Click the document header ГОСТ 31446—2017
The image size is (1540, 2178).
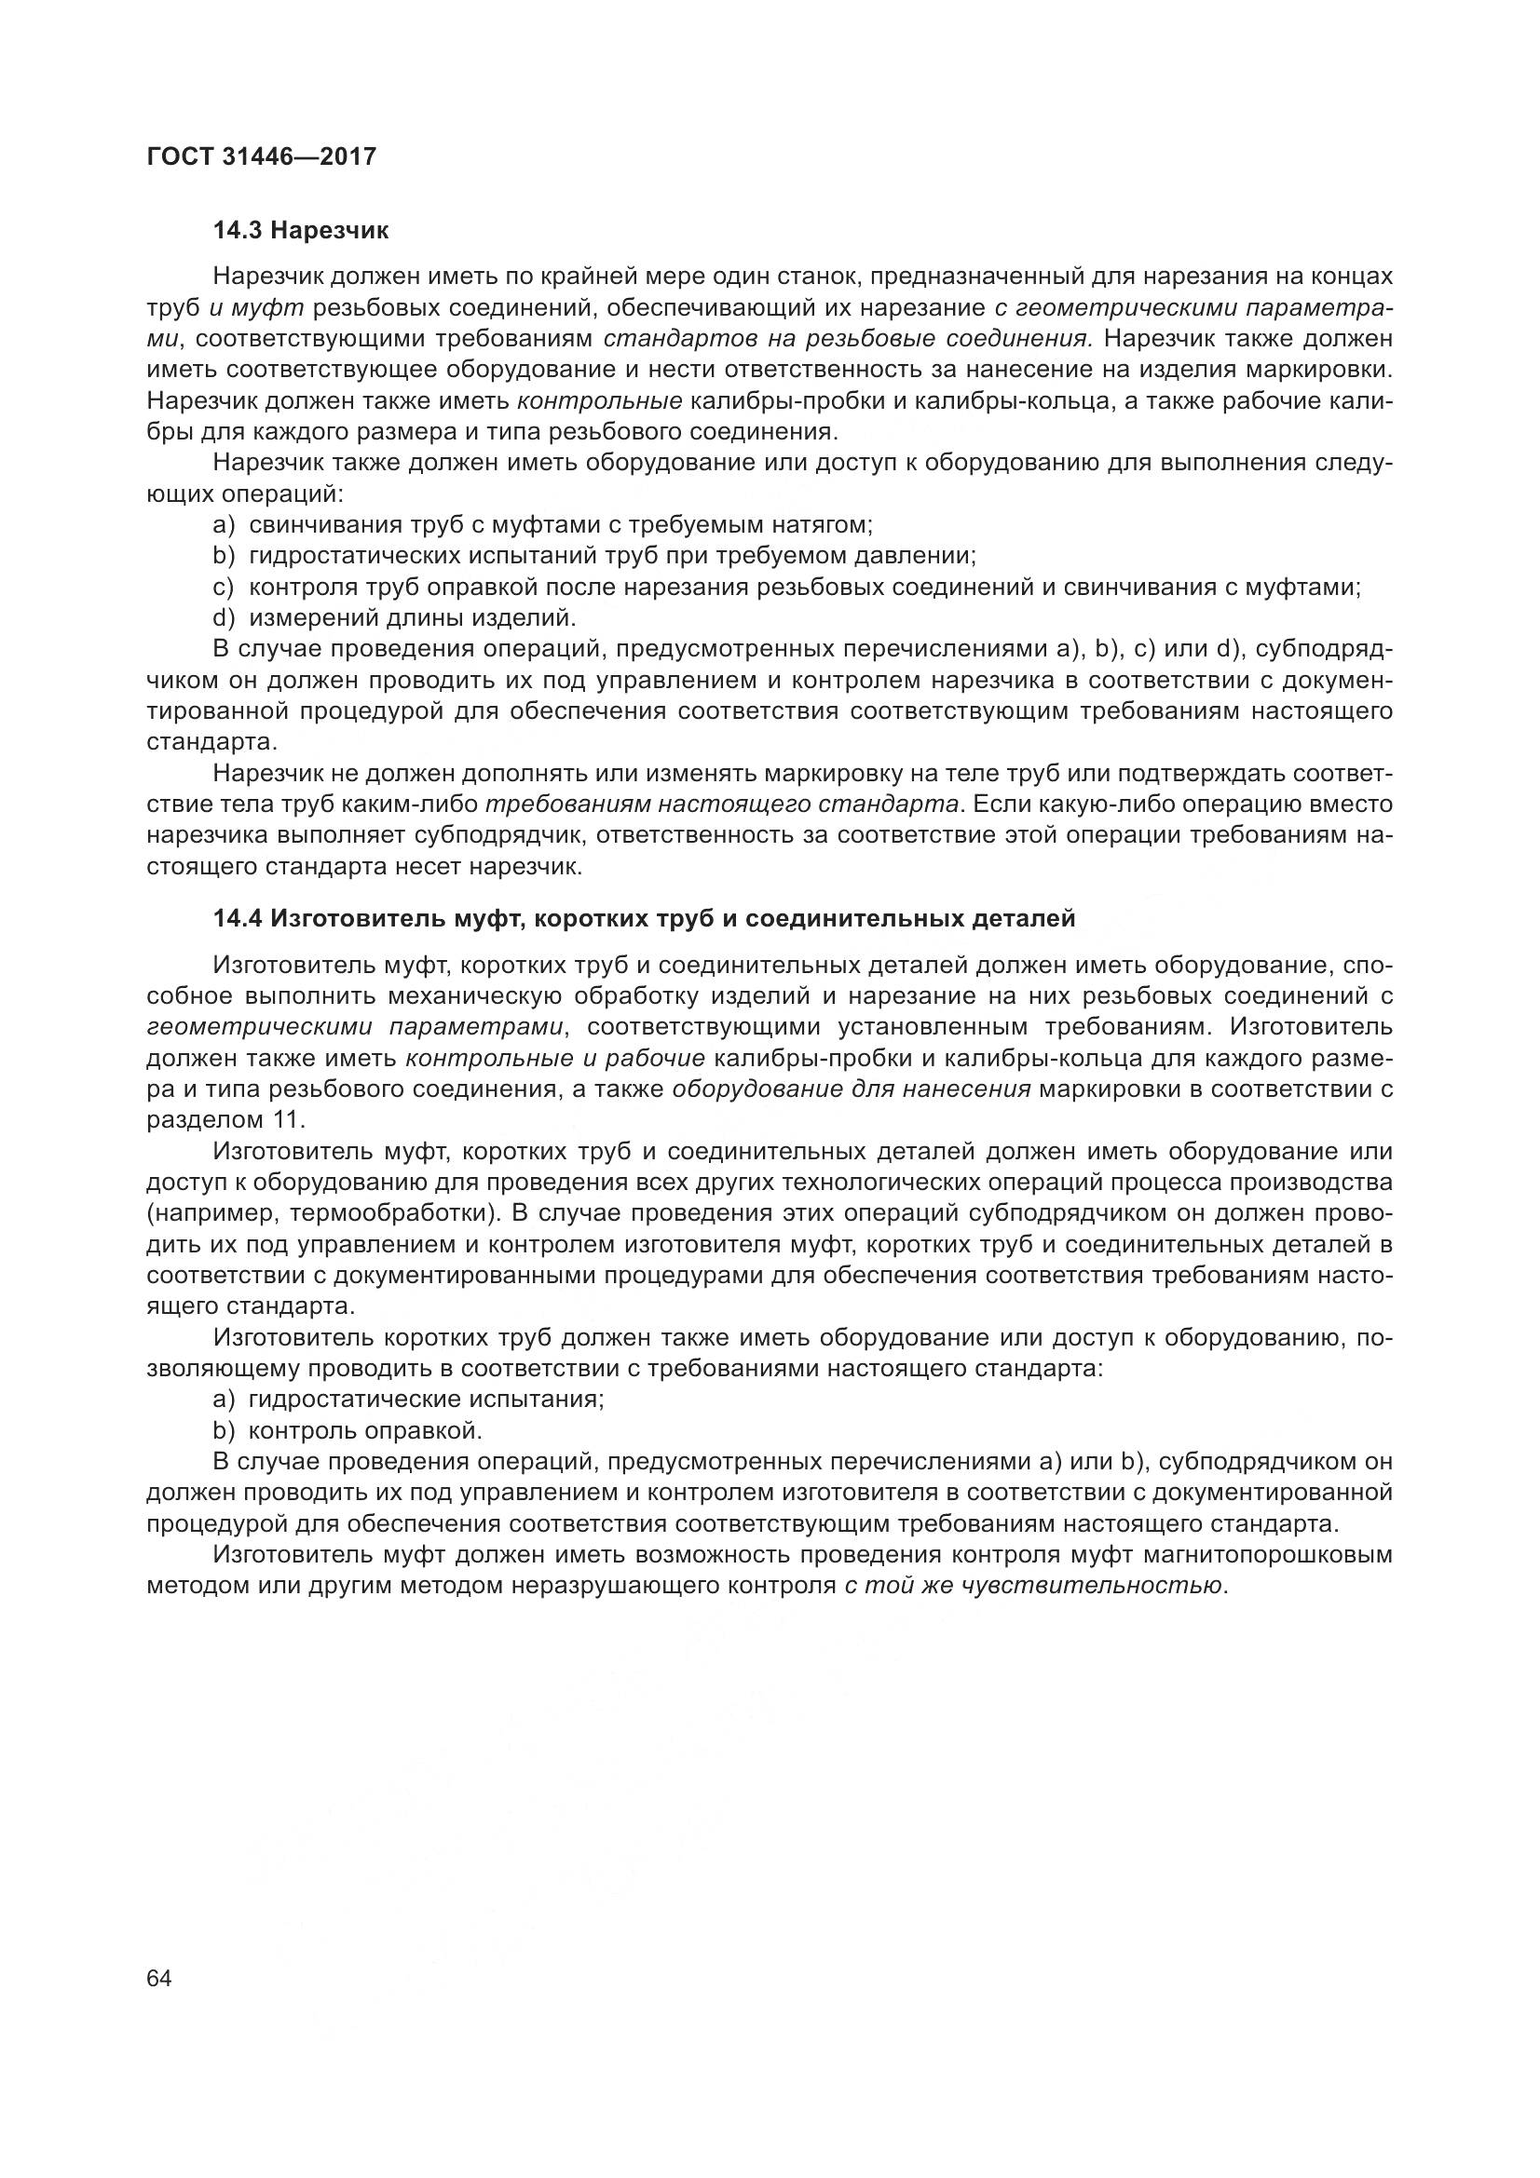261,156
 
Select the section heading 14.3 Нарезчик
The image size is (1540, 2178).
301,231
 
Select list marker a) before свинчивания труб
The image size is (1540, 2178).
224,524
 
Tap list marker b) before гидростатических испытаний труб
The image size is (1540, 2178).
224,556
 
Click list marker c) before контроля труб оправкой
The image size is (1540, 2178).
224,588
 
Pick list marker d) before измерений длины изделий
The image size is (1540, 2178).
224,618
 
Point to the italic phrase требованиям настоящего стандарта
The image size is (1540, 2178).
721,805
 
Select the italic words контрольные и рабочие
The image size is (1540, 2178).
555,1058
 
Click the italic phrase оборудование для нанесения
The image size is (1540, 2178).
852,1089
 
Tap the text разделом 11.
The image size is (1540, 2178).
225,1119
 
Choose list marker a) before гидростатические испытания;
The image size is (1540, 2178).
224,1400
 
